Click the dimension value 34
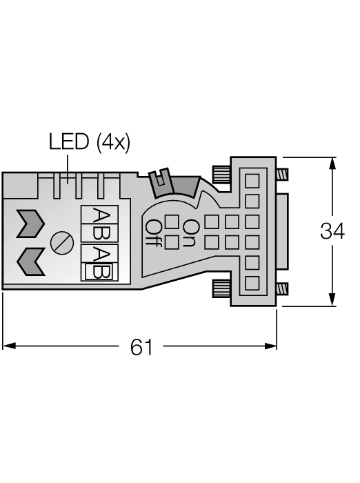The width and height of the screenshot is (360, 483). pyautogui.click(x=332, y=232)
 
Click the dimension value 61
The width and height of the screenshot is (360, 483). pyautogui.click(x=141, y=347)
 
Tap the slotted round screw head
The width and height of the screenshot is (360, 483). pyautogui.click(x=60, y=241)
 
